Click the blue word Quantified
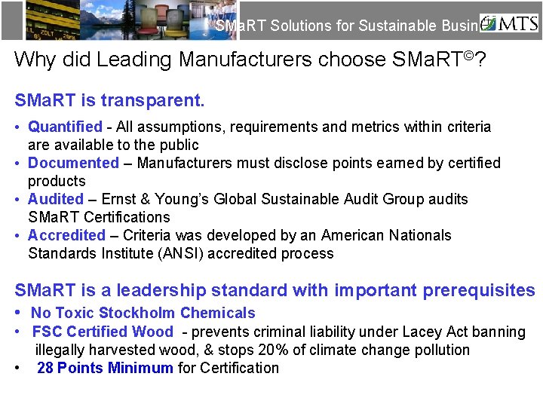point(65,127)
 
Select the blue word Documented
point(73,163)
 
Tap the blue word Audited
point(56,199)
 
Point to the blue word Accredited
point(67,235)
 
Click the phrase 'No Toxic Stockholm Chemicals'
point(143,313)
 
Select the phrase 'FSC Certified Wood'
point(103,332)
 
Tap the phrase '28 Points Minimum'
point(105,368)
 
